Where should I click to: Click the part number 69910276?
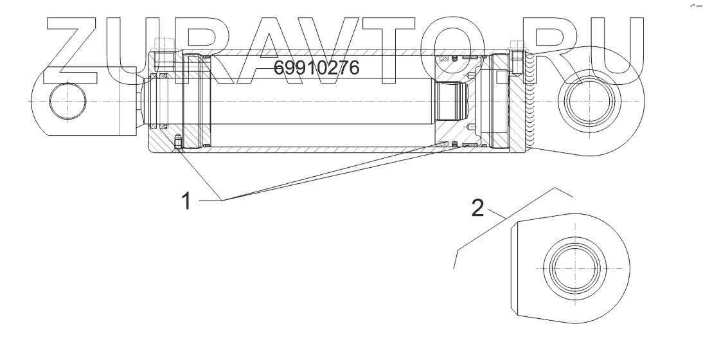coord(317,67)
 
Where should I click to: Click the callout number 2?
coord(477,208)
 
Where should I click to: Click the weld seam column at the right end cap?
coord(528,103)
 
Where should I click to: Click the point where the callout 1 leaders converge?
coord(223,201)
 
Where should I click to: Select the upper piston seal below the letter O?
coord(443,59)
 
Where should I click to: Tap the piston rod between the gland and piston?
coord(321,103)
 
